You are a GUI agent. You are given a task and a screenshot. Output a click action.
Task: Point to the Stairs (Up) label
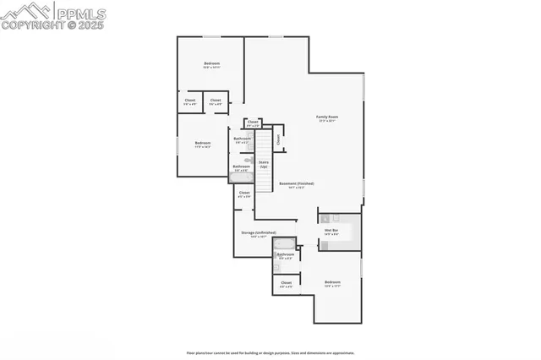(x=263, y=162)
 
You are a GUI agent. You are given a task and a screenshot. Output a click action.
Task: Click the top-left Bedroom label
(x=211, y=64)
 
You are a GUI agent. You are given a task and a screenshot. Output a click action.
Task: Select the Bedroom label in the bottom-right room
(x=332, y=282)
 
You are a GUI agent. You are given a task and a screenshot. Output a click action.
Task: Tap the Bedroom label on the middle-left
(x=203, y=144)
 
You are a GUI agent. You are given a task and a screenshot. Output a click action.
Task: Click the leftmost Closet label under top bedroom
(x=190, y=101)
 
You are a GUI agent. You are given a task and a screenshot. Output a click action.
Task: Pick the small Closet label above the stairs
(x=252, y=123)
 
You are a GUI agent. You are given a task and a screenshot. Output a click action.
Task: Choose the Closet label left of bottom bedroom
(x=286, y=283)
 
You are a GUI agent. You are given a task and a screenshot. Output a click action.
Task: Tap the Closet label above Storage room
(x=243, y=194)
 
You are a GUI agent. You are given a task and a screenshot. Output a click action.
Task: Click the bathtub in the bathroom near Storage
(x=285, y=243)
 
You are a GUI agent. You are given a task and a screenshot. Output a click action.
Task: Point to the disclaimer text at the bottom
(x=270, y=352)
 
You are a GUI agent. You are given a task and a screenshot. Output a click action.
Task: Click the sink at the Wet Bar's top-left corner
(x=324, y=219)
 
